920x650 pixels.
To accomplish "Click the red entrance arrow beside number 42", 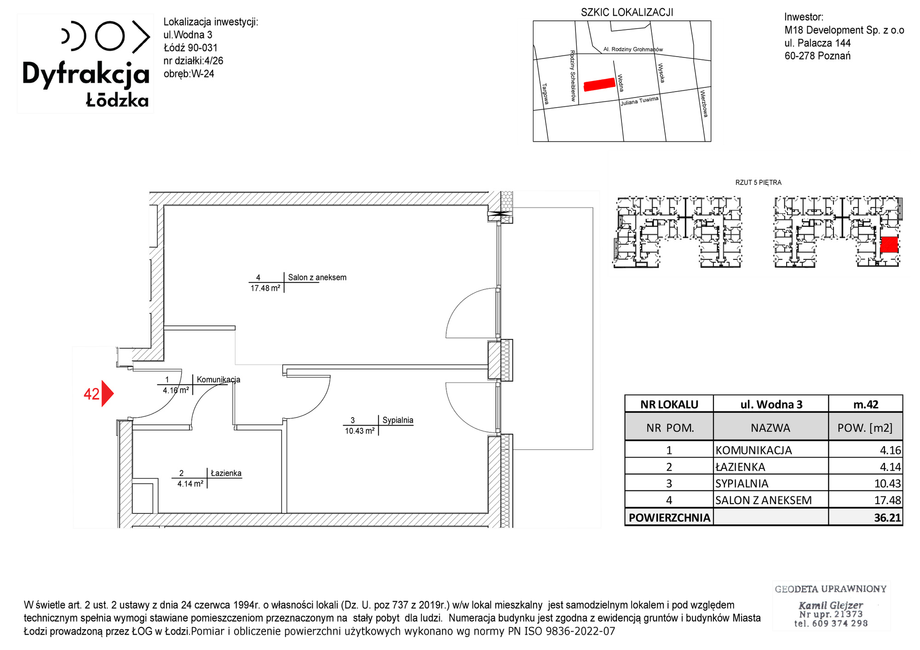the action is [107, 393].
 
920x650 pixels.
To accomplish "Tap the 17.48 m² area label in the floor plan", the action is [265, 288].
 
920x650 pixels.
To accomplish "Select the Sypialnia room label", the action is [398, 420].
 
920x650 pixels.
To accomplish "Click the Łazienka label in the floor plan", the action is [226, 473].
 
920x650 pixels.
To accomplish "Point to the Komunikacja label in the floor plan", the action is [218, 380].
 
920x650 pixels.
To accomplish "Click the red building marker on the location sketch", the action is [599, 84].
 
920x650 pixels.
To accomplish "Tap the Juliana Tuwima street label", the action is [639, 101].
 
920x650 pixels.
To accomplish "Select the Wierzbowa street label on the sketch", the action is [704, 104].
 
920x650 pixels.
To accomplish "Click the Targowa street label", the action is [546, 94].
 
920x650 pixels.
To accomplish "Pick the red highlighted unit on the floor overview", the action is [889, 244].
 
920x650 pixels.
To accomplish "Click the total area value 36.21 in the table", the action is [887, 518].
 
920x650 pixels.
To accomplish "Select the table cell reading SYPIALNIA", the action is [742, 483].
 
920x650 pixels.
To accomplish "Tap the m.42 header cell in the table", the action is [866, 404].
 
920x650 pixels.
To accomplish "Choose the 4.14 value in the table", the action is [890, 467].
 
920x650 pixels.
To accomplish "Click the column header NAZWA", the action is [770, 428].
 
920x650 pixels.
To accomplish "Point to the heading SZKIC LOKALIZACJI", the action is [627, 12].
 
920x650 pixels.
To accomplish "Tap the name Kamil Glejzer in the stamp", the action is [831, 605].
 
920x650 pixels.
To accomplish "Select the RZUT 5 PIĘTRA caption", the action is [758, 183].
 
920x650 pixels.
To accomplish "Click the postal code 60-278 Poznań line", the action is [817, 56].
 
